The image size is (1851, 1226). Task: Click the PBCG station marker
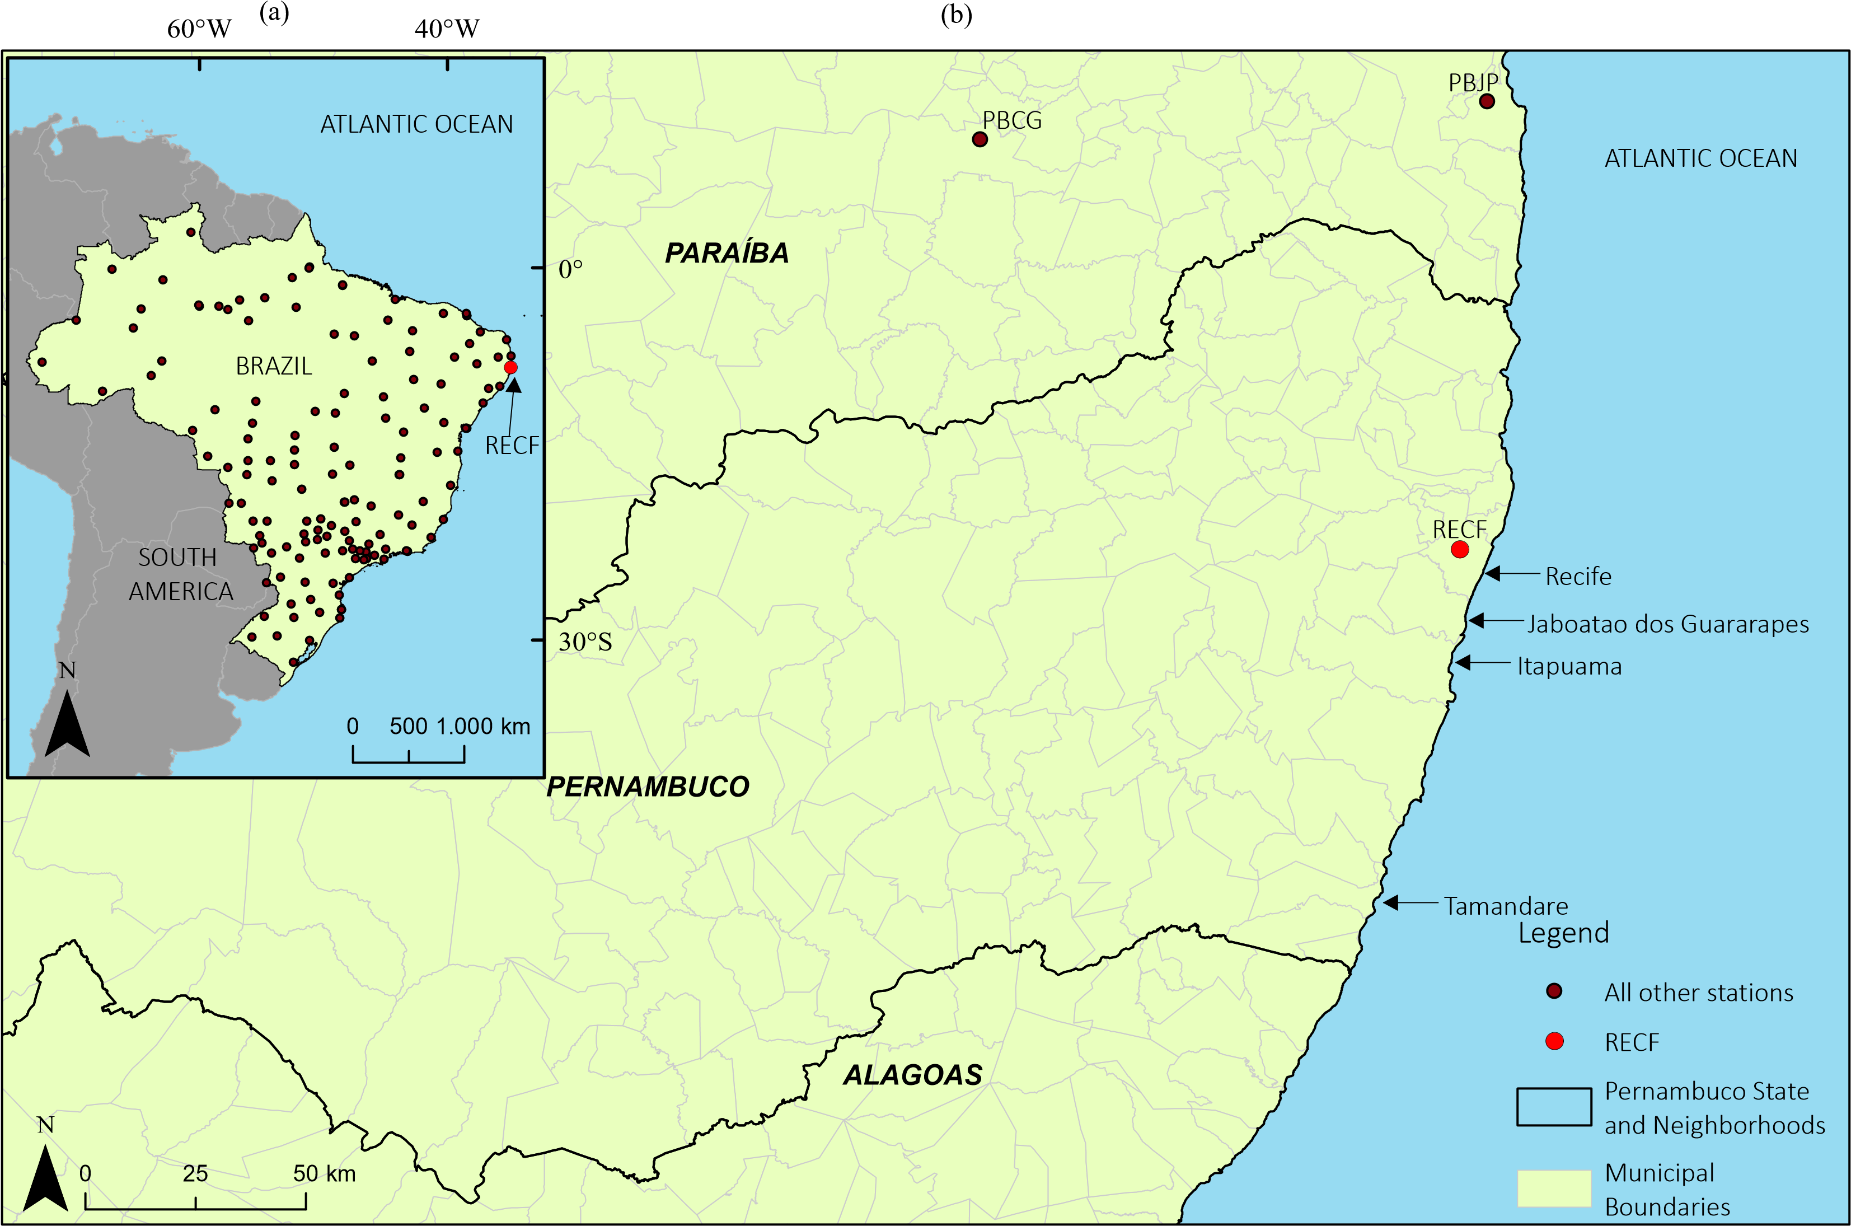[980, 139]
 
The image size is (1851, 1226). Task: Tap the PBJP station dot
[1487, 101]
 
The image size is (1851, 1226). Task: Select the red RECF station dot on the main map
[1459, 550]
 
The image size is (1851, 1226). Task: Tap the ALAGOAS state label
[912, 1075]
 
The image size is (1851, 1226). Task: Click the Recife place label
[1578, 576]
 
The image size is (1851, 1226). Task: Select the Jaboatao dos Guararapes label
[1667, 624]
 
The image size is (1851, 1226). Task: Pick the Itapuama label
[1569, 666]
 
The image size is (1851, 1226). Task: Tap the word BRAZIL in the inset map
[274, 366]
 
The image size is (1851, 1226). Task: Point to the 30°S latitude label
[585, 642]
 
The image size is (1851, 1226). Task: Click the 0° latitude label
[570, 270]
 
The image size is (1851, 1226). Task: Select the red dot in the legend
[1554, 1041]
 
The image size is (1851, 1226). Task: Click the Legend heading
[1563, 933]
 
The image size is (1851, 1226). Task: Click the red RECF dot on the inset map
[510, 367]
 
